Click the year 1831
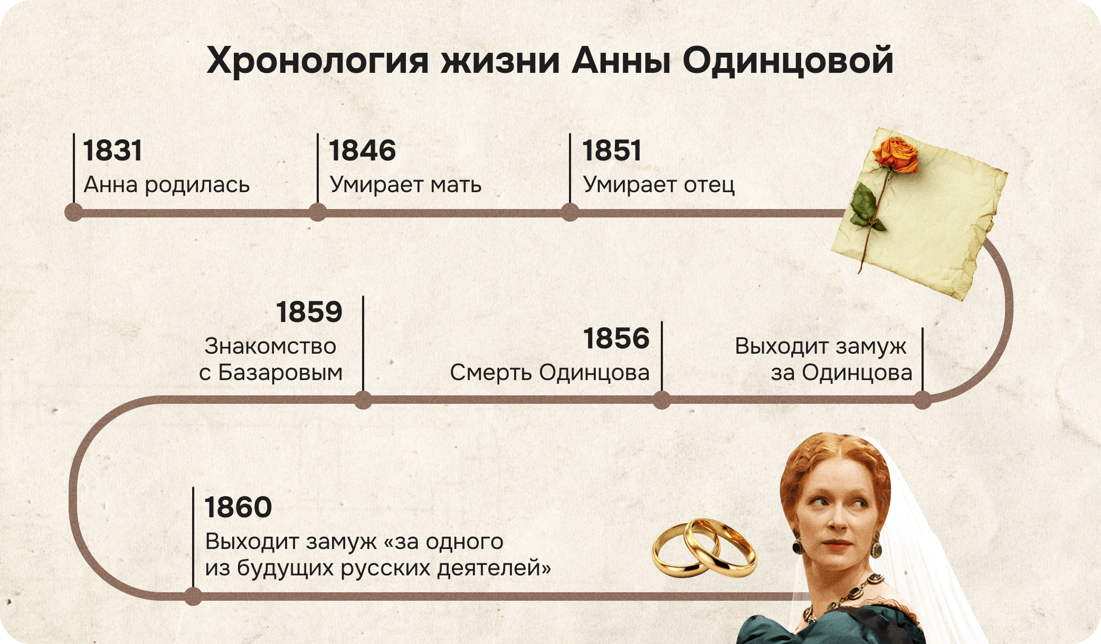[x=112, y=150]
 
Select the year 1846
[x=362, y=150]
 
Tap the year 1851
[x=612, y=150]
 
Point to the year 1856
[x=616, y=338]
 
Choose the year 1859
[x=309, y=312]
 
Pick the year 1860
[x=238, y=507]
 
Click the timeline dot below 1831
[x=74, y=213]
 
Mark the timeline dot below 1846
[x=317, y=213]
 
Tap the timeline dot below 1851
[x=570, y=213]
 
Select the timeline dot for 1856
[x=661, y=400]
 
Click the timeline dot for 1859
[x=363, y=400]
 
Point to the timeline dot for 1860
[x=193, y=596]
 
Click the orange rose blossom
[x=896, y=154]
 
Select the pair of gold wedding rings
[x=704, y=548]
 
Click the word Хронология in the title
[x=317, y=61]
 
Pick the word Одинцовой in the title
[x=787, y=61]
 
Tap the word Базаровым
[x=280, y=373]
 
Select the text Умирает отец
[x=659, y=185]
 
